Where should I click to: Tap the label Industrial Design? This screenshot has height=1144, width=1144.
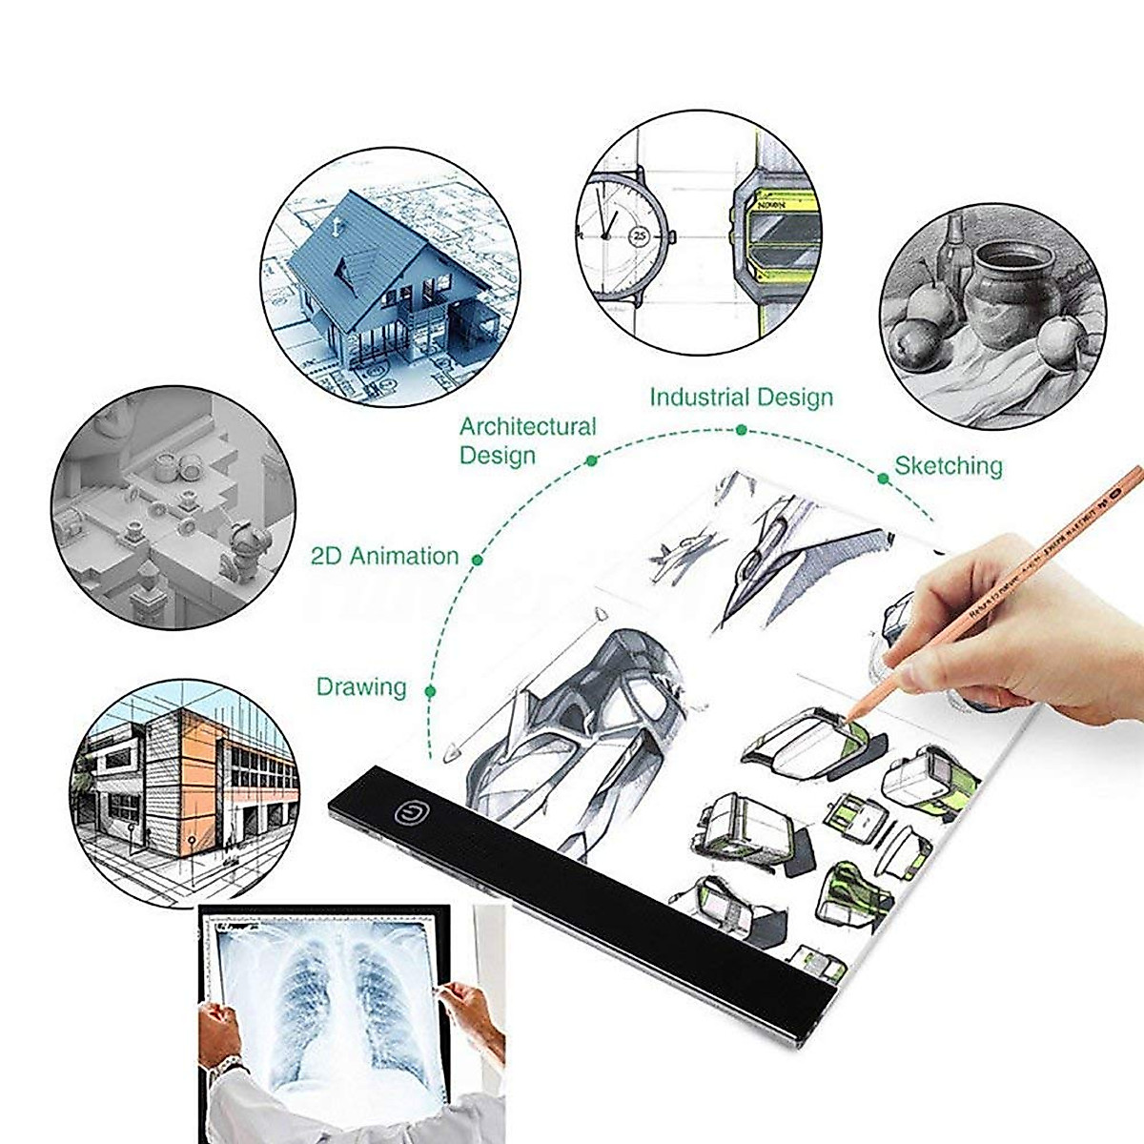coord(741,397)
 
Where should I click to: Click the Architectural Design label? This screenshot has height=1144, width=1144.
coord(526,440)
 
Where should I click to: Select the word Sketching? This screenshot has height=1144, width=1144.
coord(948,466)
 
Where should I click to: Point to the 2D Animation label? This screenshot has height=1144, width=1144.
coord(384,556)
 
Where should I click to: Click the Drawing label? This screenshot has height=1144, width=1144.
coord(360,686)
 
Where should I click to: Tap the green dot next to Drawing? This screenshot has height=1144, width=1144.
coord(431,691)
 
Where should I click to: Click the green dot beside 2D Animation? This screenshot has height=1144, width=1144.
coord(478,561)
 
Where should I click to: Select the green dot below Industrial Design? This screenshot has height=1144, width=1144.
coord(741,430)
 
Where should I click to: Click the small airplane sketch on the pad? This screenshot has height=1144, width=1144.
coord(684,553)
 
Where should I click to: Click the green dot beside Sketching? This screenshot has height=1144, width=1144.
coord(884,479)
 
